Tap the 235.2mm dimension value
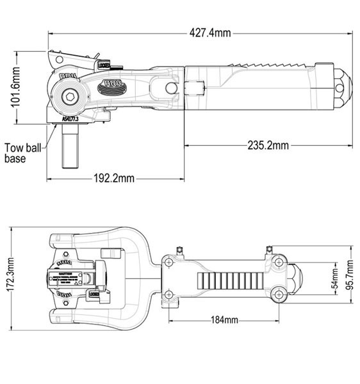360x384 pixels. click(267, 146)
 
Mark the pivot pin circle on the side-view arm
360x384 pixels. click(171, 86)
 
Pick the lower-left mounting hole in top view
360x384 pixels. click(169, 295)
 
